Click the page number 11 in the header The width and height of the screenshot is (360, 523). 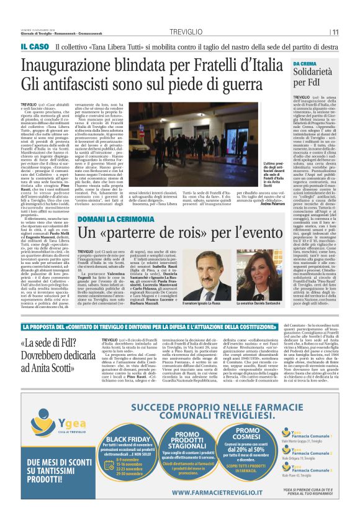coord(335,32)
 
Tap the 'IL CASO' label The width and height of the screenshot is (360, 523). coord(34,47)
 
